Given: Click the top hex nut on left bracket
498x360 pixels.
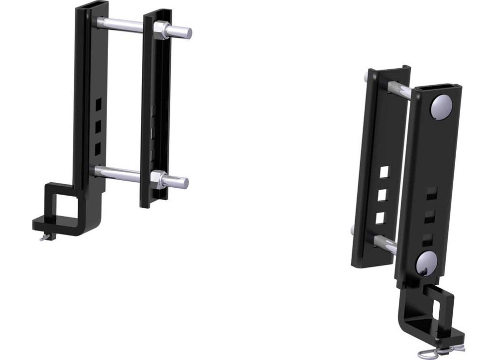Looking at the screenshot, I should (x=161, y=30).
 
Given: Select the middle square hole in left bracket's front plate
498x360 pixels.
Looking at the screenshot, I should (x=98, y=126).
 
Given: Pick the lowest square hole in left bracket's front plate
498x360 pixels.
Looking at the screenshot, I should (x=98, y=147).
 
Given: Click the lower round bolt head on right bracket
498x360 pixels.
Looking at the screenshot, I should (x=426, y=263).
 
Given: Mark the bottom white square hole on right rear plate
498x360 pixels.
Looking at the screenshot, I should (x=380, y=218).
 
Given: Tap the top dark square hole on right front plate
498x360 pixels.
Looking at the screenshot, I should (x=432, y=194).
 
